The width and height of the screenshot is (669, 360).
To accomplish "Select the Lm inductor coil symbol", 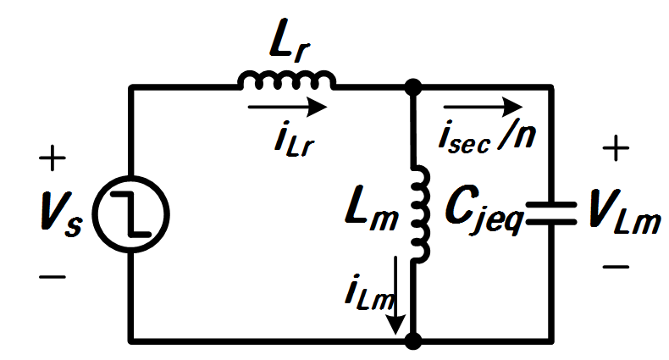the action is [x=420, y=214].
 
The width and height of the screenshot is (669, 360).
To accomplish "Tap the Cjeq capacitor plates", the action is [x=550, y=213].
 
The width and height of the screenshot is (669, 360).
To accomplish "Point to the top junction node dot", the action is [x=412, y=87].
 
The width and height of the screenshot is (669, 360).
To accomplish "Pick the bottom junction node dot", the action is [x=412, y=341].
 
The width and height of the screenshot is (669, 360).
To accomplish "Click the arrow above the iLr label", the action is [x=287, y=107].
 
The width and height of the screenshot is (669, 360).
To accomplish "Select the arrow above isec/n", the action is [x=483, y=107].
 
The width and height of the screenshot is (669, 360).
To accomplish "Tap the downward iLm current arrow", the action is [x=396, y=295].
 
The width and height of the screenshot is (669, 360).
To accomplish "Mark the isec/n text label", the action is [x=487, y=137].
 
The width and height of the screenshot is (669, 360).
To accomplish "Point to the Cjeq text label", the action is [x=484, y=210].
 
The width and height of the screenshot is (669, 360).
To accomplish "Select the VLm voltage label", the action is [x=624, y=212].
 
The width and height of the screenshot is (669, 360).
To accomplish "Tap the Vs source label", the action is [x=61, y=214].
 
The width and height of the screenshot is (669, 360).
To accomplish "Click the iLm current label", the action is [x=368, y=294].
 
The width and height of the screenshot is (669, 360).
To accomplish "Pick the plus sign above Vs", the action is [x=53, y=158].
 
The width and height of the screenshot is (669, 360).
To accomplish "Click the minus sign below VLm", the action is [x=616, y=267].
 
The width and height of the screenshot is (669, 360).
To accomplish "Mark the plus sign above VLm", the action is [x=616, y=148].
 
